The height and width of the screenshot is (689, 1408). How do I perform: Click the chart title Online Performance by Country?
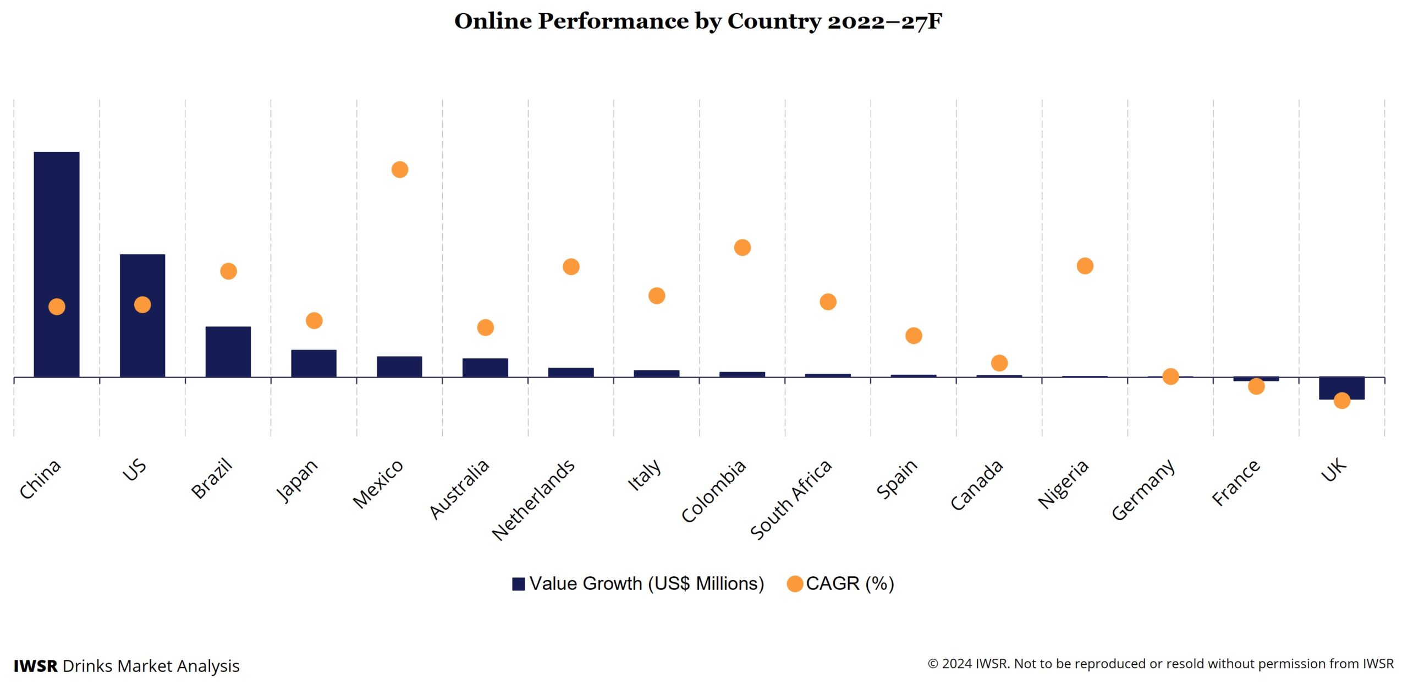point(698,21)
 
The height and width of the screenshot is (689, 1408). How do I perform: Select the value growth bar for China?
point(57,231)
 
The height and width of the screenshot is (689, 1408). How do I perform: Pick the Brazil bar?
point(228,352)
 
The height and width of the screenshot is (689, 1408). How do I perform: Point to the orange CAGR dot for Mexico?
point(400,169)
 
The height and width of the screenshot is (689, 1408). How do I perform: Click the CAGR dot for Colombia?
point(743,248)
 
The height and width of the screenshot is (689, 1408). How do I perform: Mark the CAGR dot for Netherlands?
point(571,267)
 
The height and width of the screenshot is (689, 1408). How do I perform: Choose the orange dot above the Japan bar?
point(314,320)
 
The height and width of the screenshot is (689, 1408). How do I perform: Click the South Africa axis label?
point(791,500)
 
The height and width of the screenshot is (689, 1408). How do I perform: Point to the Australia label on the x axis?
point(459,489)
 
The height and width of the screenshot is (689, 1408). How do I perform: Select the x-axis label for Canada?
point(977,485)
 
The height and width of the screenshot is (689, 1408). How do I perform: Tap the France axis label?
point(1236,482)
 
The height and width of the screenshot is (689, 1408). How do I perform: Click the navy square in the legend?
point(518,584)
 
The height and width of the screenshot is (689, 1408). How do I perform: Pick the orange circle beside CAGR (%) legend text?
point(795,584)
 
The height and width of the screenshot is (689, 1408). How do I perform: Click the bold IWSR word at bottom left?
point(36,666)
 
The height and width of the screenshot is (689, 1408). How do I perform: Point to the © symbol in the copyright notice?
point(933,664)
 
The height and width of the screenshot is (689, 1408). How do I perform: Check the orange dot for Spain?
point(914,336)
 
